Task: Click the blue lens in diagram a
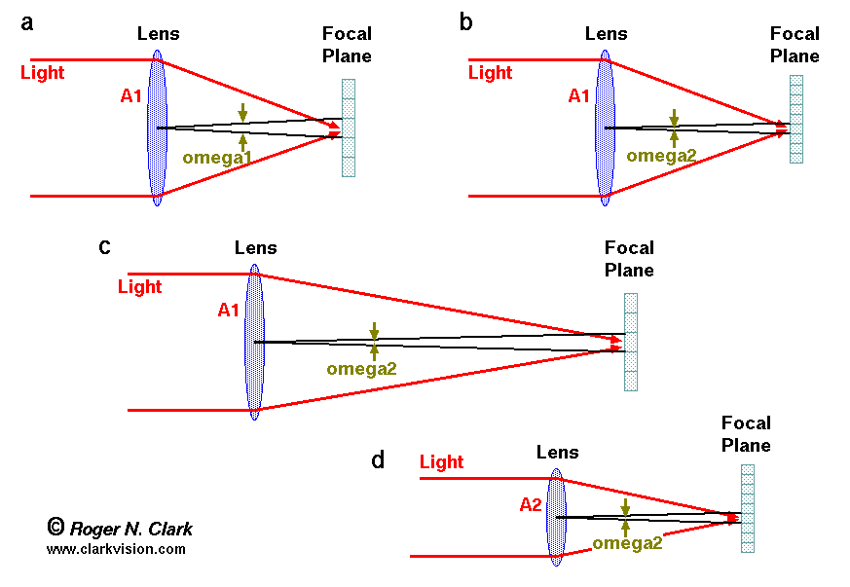pos(157,128)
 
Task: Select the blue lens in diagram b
pos(605,128)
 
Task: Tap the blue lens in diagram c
pos(254,342)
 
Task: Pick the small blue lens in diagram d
pos(556,517)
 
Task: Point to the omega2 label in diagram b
pos(662,155)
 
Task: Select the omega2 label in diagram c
pos(362,368)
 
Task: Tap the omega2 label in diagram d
pos(627,543)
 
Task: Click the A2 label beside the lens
pos(531,504)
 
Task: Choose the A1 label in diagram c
pos(229,311)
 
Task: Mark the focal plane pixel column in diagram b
pos(796,119)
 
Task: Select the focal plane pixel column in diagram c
pos(631,342)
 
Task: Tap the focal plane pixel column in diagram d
pos(748,508)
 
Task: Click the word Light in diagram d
pos(441,462)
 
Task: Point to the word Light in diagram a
pos(42,73)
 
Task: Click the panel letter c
pos(104,246)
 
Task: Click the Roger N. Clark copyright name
pos(130,529)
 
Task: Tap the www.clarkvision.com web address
pos(116,549)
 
